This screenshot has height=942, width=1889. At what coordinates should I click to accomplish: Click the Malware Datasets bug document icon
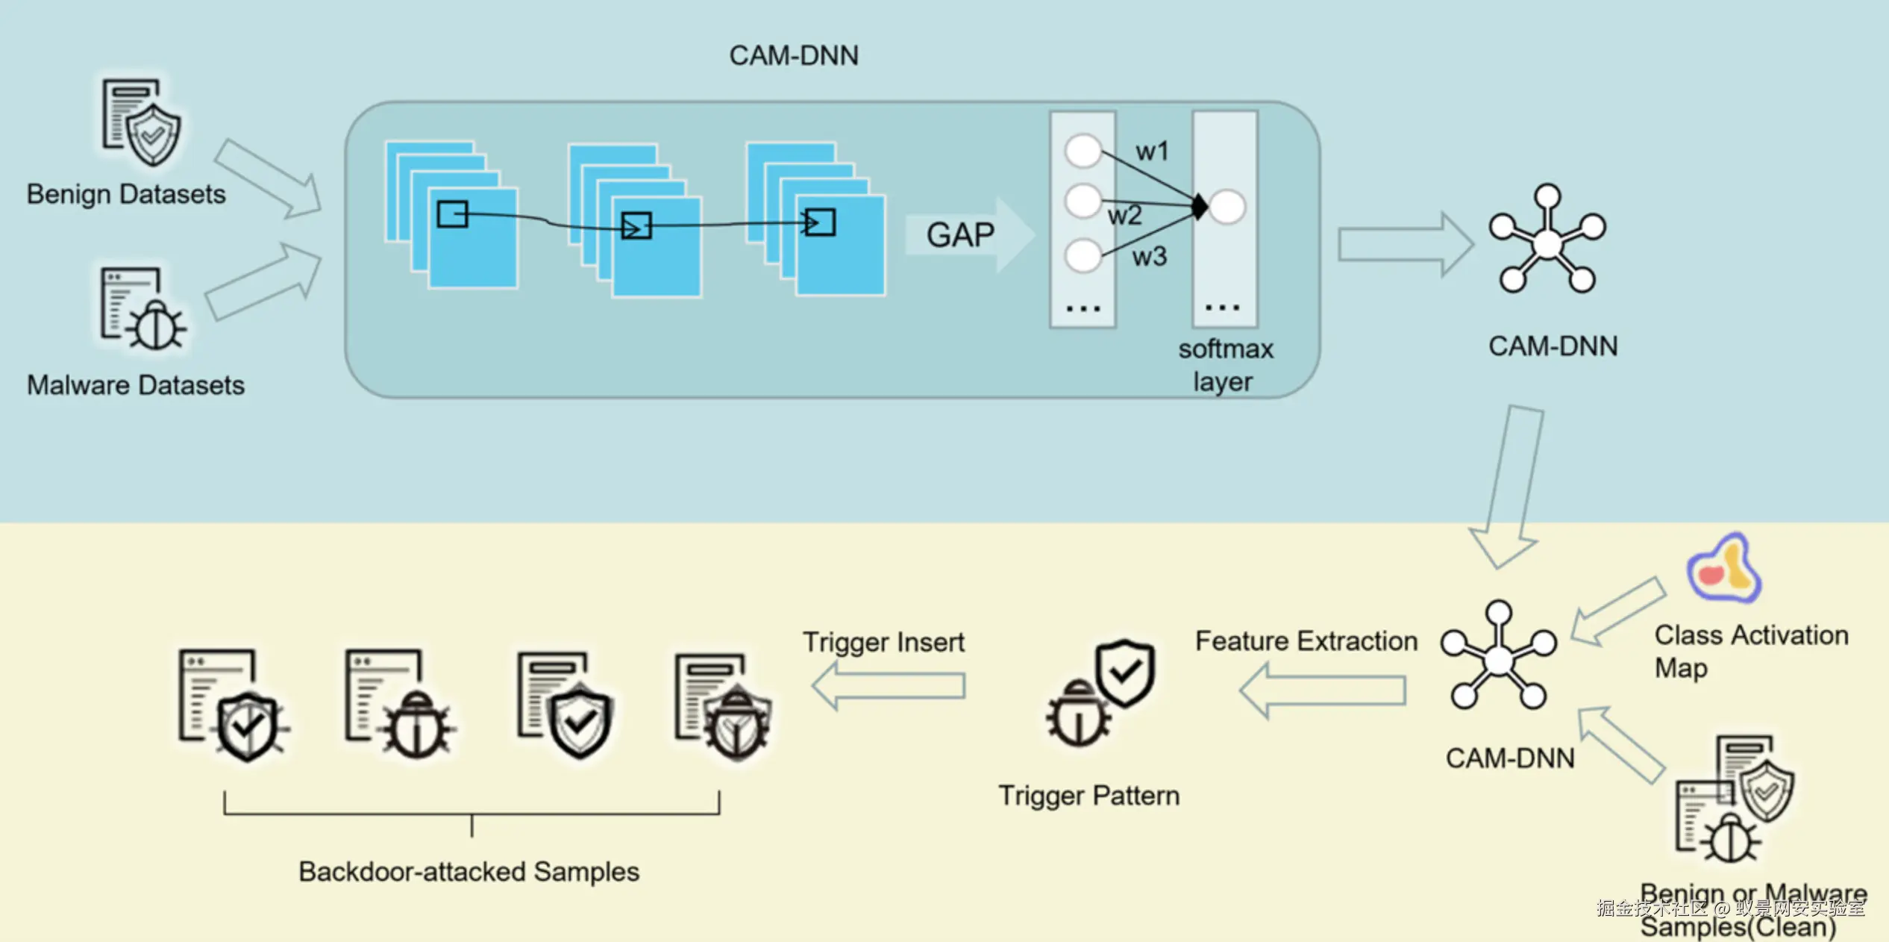pyautogui.click(x=142, y=310)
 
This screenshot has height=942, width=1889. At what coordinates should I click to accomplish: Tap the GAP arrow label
pyautogui.click(x=961, y=235)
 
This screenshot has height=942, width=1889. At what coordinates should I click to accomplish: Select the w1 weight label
pyautogui.click(x=1152, y=152)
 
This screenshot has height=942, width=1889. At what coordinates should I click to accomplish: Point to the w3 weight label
pyautogui.click(x=1149, y=257)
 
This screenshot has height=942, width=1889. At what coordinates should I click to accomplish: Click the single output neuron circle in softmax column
pyautogui.click(x=1227, y=207)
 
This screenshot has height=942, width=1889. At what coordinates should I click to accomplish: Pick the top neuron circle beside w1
pyautogui.click(x=1083, y=151)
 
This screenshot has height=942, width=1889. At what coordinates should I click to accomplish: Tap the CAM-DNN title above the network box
pyautogui.click(x=794, y=56)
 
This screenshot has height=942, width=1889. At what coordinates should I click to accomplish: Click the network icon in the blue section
pyautogui.click(x=1548, y=240)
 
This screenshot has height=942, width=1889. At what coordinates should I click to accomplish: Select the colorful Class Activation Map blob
pyautogui.click(x=1724, y=569)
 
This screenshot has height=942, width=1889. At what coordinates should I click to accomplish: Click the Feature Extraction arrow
pyautogui.click(x=1323, y=690)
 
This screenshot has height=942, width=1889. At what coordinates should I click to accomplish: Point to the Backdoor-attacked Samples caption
pyautogui.click(x=469, y=872)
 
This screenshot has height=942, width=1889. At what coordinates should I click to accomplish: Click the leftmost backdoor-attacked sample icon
pyautogui.click(x=232, y=705)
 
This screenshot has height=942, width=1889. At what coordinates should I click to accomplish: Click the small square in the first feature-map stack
pyautogui.click(x=452, y=214)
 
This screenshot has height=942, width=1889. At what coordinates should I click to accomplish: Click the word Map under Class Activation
pyautogui.click(x=1681, y=668)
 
